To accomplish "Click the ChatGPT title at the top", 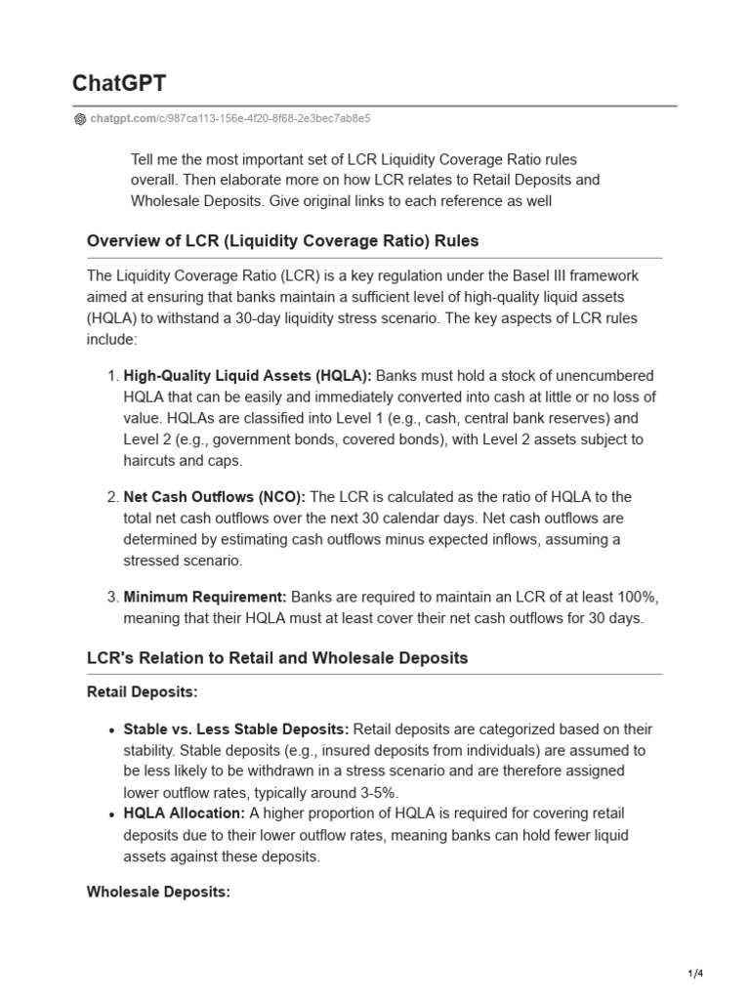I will (x=119, y=84).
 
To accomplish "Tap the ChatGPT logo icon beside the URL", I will (x=80, y=119).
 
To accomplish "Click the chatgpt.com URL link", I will (x=229, y=119).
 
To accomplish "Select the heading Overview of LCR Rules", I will (x=282, y=240).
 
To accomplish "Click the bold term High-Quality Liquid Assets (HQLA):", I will (x=247, y=376).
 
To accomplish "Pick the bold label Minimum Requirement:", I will (x=205, y=598).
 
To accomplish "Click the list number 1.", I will (x=111, y=376).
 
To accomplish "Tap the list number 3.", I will (x=111, y=598).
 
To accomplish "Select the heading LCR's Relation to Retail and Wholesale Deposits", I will (x=277, y=658).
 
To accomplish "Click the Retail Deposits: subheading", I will (x=143, y=692).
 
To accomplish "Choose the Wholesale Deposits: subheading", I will (x=158, y=892).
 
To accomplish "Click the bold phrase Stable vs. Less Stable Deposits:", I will (x=236, y=729).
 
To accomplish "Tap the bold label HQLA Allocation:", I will (x=185, y=813).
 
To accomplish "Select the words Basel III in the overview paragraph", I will (x=528, y=276).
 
